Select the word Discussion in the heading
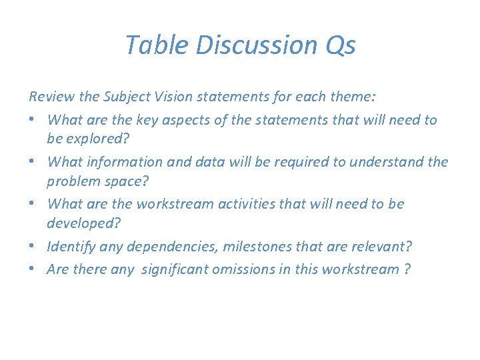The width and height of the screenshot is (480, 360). tap(246, 45)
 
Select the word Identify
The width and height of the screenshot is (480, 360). tap(71, 247)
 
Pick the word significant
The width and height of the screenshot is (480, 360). tap(181, 269)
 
